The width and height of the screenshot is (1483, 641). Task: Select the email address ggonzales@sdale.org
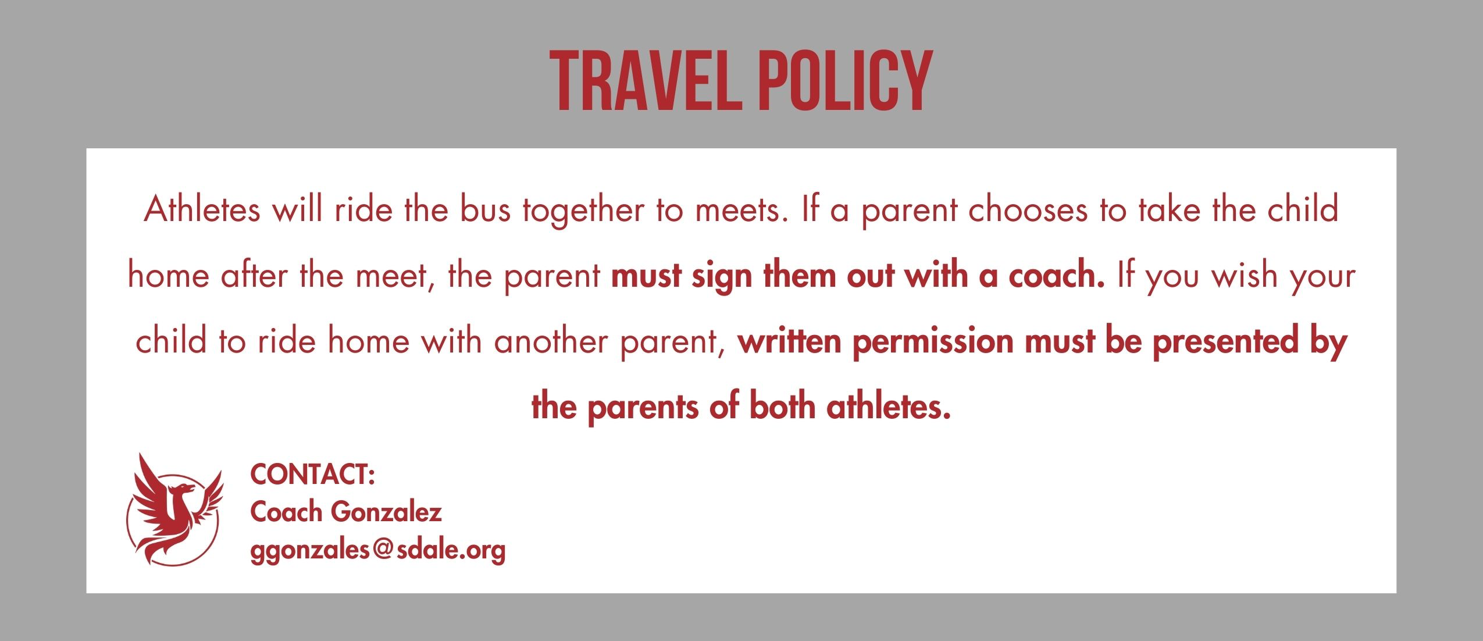pos(377,550)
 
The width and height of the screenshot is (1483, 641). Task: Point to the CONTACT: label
pos(312,474)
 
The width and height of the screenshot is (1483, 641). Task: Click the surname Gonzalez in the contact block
pos(386,512)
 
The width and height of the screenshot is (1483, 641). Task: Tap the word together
pos(583,211)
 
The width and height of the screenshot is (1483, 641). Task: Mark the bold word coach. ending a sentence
pos(1056,276)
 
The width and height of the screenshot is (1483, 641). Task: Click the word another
pos(550,341)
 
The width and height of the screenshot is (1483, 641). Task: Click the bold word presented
pos(1225,342)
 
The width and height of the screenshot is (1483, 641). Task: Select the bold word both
pos(782,406)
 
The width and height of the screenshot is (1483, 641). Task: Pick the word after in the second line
pos(254,275)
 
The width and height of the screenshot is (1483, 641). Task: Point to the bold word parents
pos(642,407)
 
